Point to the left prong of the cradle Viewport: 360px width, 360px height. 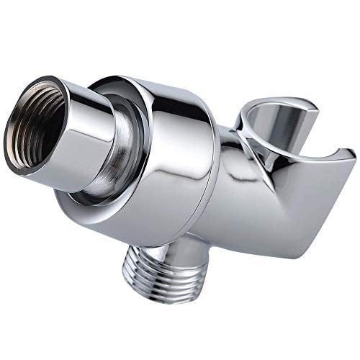[x=248, y=130]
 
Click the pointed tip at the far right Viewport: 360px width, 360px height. [x=351, y=153]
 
